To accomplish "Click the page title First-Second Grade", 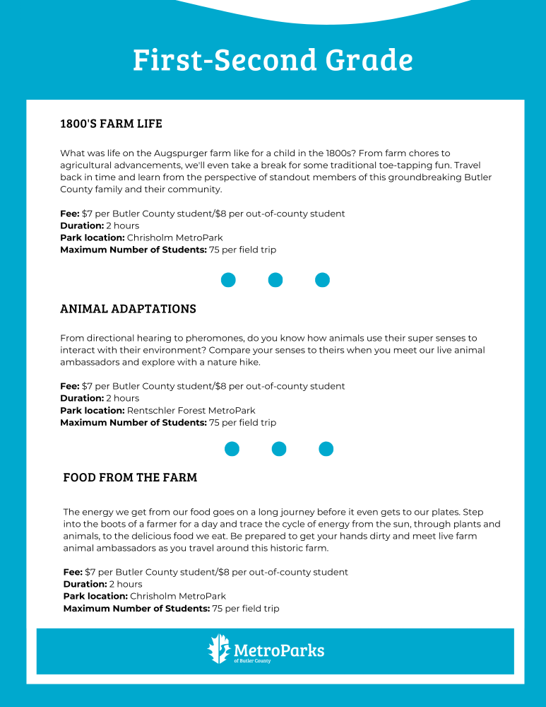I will point(273,60).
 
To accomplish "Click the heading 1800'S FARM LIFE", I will point(111,124).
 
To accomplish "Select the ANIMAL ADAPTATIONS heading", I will point(128,309).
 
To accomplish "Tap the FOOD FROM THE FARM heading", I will point(130,477).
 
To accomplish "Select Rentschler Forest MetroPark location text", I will point(191,410).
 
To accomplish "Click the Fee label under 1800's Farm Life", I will point(69,214).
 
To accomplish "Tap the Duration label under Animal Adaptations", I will point(83,398).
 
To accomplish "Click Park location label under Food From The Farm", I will point(95,596).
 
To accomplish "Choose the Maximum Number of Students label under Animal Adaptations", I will point(133,422).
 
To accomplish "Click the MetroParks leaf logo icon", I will point(218,649).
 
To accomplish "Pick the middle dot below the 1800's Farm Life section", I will point(275,280).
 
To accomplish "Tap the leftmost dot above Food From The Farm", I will point(232,449).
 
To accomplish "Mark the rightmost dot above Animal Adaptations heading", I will point(322,280).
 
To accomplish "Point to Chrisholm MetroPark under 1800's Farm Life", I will point(174,238).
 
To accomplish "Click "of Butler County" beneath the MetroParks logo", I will point(251,661).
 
